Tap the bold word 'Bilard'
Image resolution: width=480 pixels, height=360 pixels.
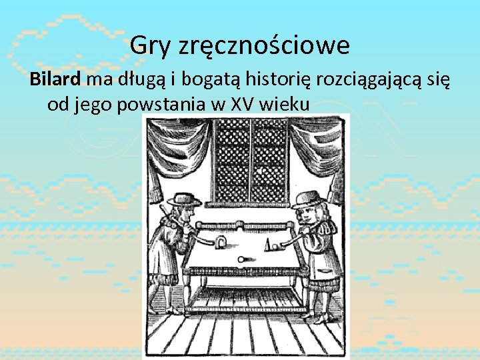tap(55, 81)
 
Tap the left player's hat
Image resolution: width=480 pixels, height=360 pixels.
tap(184, 199)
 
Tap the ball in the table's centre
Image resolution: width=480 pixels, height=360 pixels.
tap(241, 258)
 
